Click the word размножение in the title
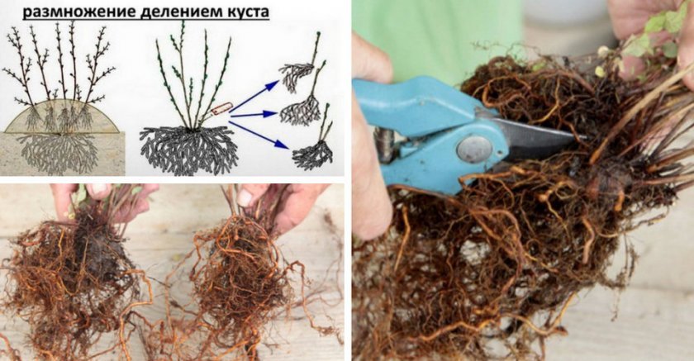tap(79, 12)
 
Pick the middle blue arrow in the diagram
tap(254, 115)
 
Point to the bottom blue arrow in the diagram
tap(259, 135)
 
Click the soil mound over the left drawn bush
tap(61, 116)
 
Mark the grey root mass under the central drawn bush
tap(189, 149)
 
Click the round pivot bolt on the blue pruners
tap(473, 149)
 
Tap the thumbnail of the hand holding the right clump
tap(244, 197)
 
